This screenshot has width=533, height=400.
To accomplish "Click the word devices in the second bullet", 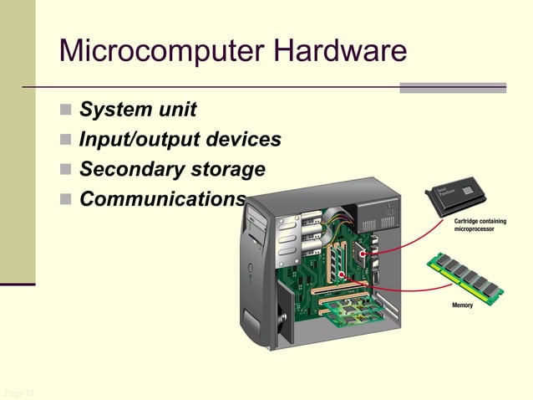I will tap(243, 140).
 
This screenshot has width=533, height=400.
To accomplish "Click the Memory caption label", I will tap(462, 305).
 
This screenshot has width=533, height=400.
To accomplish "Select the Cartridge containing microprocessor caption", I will tap(480, 224).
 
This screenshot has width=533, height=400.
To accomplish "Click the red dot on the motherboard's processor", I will tap(363, 253).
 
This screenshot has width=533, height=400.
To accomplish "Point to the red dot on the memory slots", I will tap(341, 274).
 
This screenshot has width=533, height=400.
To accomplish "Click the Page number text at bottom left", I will tap(17, 392).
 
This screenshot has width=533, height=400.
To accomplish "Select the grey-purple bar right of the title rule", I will tap(452, 87).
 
